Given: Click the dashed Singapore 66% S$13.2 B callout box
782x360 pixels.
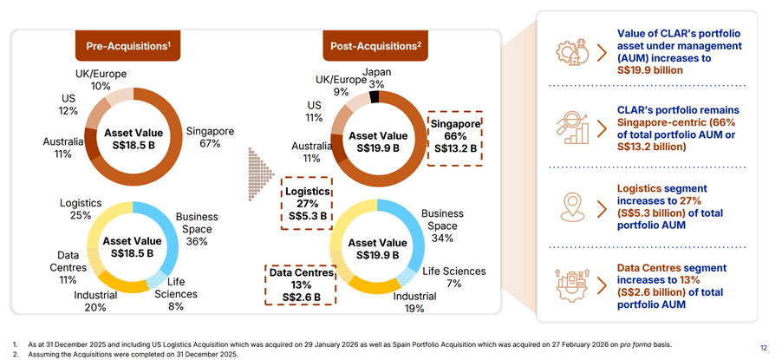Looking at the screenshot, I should (456, 137).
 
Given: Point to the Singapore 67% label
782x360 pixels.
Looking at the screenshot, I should (210, 137).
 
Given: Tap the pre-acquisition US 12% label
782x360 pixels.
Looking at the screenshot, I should (68, 105).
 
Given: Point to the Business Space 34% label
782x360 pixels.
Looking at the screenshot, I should (442, 226).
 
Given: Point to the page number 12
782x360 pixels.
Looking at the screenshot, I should (763, 348).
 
